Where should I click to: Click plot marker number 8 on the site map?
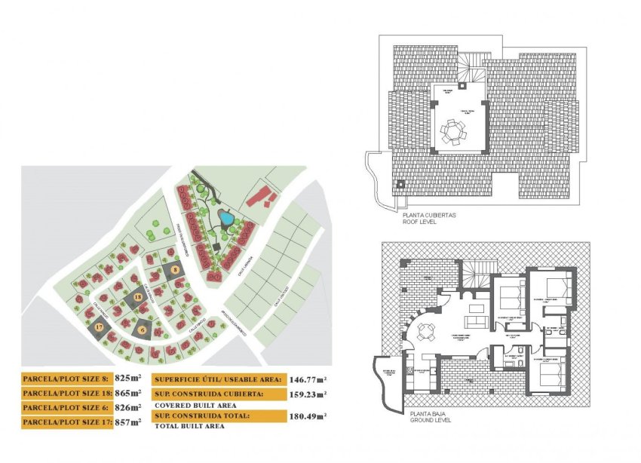click(175, 268)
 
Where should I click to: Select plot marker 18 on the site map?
click(137, 297)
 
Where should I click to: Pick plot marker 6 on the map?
click(142, 329)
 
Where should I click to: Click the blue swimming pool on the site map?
click(225, 219)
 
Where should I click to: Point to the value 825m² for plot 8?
click(128, 379)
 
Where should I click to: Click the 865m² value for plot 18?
click(128, 394)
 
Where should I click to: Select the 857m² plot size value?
click(128, 423)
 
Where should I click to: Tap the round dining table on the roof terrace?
click(454, 133)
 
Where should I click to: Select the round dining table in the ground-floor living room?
click(428, 330)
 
